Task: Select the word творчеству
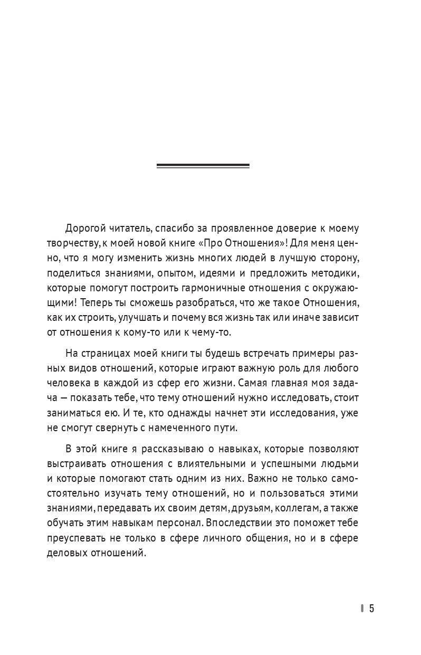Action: [x=71, y=245]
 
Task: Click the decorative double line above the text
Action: [x=203, y=166]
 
